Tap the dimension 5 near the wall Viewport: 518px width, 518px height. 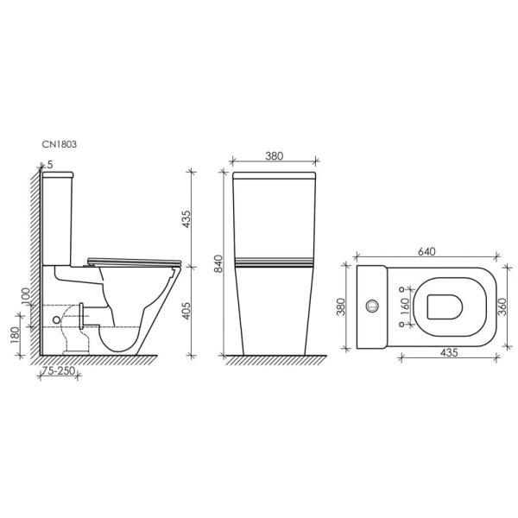51,164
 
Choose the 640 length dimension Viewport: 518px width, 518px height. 426,251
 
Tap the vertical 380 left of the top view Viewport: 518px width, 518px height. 342,306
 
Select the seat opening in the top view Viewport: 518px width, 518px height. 447,305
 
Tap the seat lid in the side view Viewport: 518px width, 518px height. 134,257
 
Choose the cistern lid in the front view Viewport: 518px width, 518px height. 275,177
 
